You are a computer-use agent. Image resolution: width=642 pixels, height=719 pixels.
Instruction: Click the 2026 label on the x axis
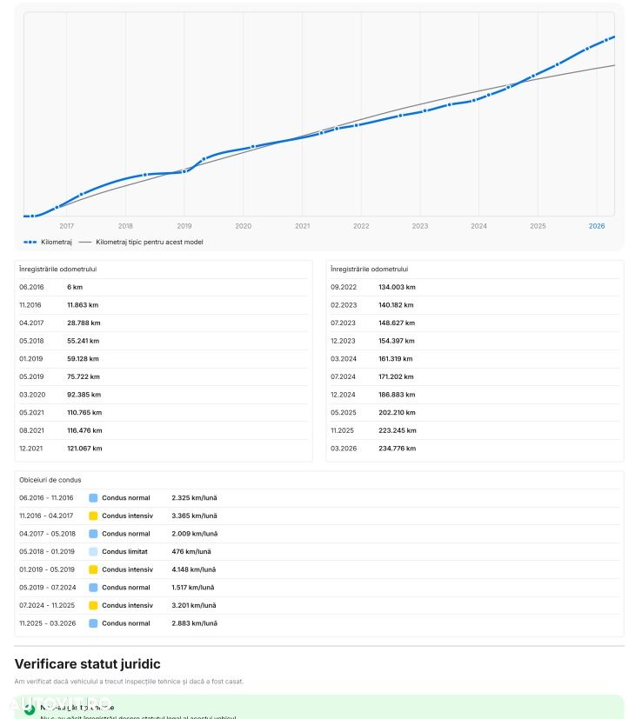click(597, 226)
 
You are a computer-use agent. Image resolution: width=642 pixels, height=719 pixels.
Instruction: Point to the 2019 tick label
click(184, 226)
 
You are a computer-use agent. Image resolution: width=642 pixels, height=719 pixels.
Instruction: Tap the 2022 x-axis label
click(361, 226)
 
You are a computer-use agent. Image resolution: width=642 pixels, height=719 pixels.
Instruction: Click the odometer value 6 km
click(75, 287)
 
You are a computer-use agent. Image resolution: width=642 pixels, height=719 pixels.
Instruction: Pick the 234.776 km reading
click(397, 449)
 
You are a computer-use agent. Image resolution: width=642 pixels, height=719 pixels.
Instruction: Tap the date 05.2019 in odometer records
click(30, 376)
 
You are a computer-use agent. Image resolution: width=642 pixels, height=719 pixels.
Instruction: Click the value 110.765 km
click(84, 413)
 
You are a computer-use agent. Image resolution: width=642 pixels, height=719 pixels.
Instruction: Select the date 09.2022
click(344, 287)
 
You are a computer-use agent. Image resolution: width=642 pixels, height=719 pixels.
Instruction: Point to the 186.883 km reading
click(397, 395)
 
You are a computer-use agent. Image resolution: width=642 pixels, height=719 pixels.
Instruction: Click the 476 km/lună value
click(191, 551)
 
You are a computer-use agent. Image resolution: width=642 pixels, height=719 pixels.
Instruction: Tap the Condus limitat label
click(124, 551)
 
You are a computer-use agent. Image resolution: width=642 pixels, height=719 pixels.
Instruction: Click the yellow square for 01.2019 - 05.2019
click(93, 569)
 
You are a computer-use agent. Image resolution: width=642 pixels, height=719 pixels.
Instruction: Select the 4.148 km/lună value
click(194, 569)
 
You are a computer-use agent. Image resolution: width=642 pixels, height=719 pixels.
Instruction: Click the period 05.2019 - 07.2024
click(46, 588)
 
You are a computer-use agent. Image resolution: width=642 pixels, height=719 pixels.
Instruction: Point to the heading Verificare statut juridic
click(87, 664)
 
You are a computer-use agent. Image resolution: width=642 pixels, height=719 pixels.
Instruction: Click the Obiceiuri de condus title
click(50, 480)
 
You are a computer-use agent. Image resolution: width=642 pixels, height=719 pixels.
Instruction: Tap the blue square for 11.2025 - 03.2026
click(93, 623)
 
